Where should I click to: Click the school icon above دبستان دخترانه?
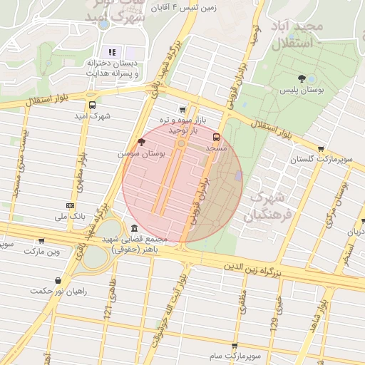click(111, 52)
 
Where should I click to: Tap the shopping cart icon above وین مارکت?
click(41, 241)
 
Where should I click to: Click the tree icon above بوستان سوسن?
click(141, 143)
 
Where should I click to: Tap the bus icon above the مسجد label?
click(217, 137)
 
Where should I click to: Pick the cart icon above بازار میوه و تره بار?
click(184, 110)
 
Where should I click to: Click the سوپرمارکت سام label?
click(235, 355)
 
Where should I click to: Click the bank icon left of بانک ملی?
click(69, 206)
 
